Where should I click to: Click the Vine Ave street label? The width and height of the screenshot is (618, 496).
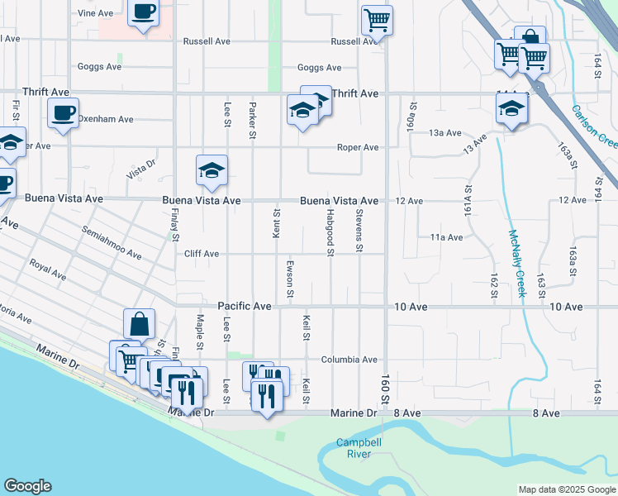(x=95, y=13)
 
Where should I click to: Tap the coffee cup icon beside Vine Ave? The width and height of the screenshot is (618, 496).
(x=144, y=12)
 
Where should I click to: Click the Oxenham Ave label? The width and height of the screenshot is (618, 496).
(x=106, y=120)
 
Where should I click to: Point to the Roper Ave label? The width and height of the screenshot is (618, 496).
(x=357, y=148)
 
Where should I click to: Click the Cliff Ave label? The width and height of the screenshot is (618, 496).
(x=202, y=254)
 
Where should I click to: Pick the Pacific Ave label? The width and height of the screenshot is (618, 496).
(x=245, y=307)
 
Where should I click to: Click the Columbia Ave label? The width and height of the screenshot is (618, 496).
(x=349, y=360)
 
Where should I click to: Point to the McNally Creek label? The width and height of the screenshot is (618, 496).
(x=517, y=264)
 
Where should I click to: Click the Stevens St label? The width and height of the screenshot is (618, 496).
(x=359, y=231)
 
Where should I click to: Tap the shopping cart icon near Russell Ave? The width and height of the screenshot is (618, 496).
(x=377, y=19)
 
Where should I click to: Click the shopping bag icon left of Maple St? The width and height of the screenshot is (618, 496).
(x=140, y=323)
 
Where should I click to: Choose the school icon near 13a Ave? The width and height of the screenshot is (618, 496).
(x=511, y=108)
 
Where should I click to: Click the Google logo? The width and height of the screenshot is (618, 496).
(x=27, y=486)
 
